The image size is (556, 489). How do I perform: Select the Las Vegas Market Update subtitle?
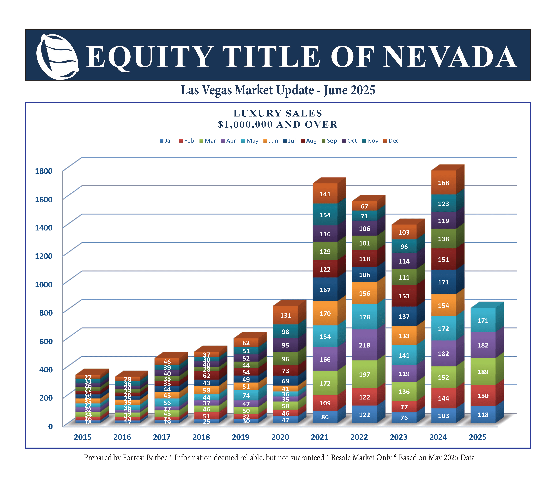point(278,90)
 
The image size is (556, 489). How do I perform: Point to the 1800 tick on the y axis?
point(44,171)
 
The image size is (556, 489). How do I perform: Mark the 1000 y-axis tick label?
point(44,284)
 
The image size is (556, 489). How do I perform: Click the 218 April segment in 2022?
point(365,345)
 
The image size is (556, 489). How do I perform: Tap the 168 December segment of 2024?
point(443,183)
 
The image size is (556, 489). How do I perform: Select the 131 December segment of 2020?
point(285,315)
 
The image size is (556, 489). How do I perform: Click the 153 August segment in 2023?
point(404,296)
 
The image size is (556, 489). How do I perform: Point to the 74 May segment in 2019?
point(246,395)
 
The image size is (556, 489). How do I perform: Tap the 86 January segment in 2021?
point(325,417)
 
